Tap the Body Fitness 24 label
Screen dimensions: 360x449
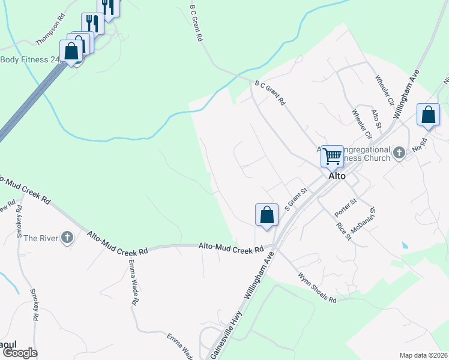click(30, 59)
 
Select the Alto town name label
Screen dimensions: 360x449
click(337, 176)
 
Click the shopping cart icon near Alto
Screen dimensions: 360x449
click(332, 157)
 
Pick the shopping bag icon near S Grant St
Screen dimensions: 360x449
click(267, 215)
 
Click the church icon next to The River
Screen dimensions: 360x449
click(67, 238)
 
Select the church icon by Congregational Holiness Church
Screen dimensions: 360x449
click(399, 154)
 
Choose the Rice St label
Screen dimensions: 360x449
click(343, 231)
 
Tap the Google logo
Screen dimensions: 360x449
click(20, 353)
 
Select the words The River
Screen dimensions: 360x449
click(41, 238)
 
